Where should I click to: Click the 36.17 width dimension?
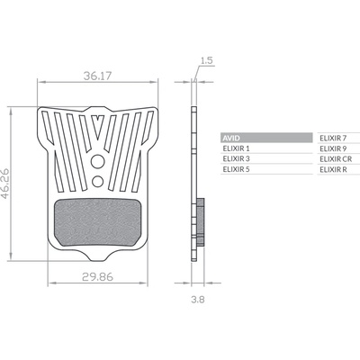[97, 76]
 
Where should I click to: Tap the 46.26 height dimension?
[5, 184]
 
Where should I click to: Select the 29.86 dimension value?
[97, 277]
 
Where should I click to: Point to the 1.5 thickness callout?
[206, 60]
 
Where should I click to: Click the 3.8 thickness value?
[198, 299]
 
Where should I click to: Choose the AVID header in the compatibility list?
[231, 138]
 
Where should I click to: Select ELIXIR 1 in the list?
[236, 148]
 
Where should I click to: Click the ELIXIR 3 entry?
[237, 158]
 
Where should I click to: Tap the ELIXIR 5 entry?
[237, 169]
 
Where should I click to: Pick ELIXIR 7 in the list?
[333, 138]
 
